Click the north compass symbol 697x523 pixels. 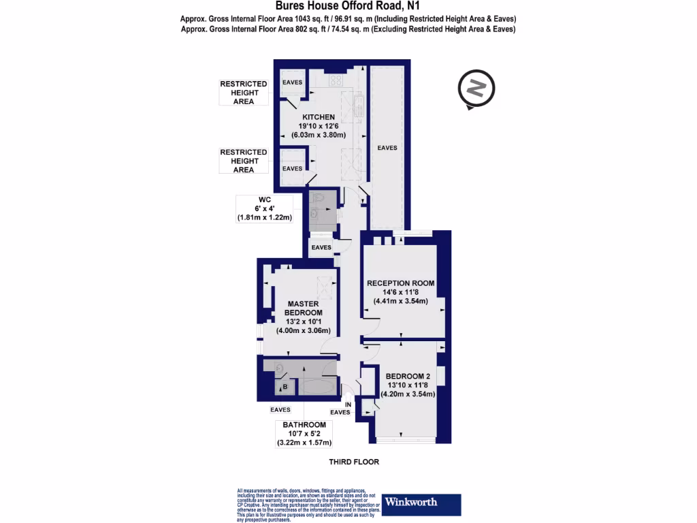[476, 89]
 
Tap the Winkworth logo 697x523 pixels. [421, 504]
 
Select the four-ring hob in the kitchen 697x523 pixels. [336, 80]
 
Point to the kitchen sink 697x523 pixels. [358, 106]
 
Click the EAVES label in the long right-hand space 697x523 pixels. [387, 148]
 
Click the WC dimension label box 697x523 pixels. [264, 208]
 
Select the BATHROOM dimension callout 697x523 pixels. [304, 434]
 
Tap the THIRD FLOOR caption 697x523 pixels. [353, 462]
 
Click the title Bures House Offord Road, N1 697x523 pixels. [348, 6]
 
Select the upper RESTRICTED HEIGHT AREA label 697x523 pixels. [243, 93]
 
